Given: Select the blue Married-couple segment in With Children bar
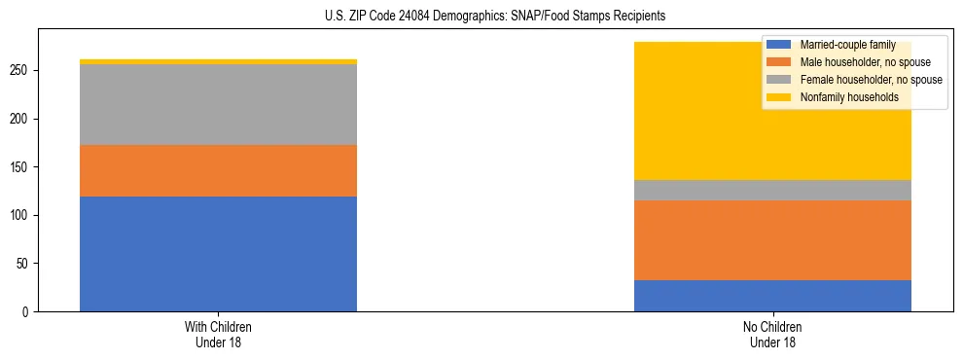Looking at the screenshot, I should (218, 254).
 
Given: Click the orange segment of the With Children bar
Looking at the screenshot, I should (218, 170).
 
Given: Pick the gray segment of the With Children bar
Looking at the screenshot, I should (218, 104).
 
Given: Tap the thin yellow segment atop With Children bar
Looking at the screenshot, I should (218, 61).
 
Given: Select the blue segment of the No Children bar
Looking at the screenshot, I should (772, 296).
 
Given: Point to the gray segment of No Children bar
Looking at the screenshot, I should (772, 190).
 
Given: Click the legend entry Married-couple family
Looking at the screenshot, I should (841, 45).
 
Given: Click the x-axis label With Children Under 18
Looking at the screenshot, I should (218, 334).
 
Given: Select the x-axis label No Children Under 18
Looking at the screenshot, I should (772, 334).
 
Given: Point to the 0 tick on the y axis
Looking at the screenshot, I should (27, 312).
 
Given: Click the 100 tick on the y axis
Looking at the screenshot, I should (21, 215).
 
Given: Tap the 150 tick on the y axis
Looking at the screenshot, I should (21, 167).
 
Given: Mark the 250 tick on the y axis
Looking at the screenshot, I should (21, 71).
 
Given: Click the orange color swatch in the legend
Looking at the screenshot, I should (779, 62).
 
